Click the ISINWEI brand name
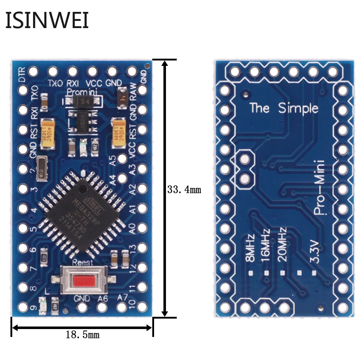tap(47, 21)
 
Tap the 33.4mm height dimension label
tap(184, 189)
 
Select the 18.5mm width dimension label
tap(82, 335)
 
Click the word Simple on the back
tap(298, 108)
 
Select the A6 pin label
tap(103, 298)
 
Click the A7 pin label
tap(122, 297)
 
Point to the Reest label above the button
tap(82, 262)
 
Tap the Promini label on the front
tap(81, 92)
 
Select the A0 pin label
tap(132, 228)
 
